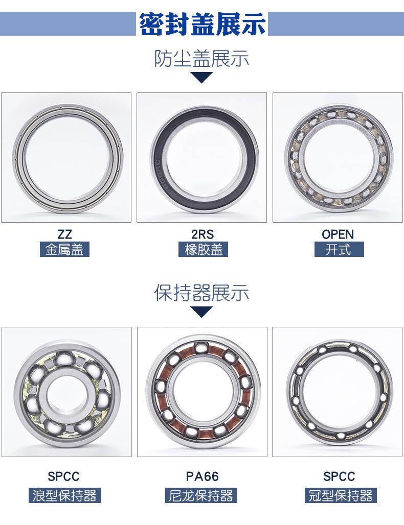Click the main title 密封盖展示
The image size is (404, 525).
pos(202,24)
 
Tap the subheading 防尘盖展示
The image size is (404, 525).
pos(201,59)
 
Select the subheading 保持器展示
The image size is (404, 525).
pos(201,293)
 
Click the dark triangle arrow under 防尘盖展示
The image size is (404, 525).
pos(201,77)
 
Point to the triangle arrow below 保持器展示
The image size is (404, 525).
pos(201,312)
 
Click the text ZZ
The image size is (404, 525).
pos(64,234)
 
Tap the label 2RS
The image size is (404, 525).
pos(203,234)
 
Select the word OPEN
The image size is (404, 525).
pos(338,234)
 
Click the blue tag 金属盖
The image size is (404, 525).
pos(65,249)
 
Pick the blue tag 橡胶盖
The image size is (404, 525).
pos(203,249)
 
